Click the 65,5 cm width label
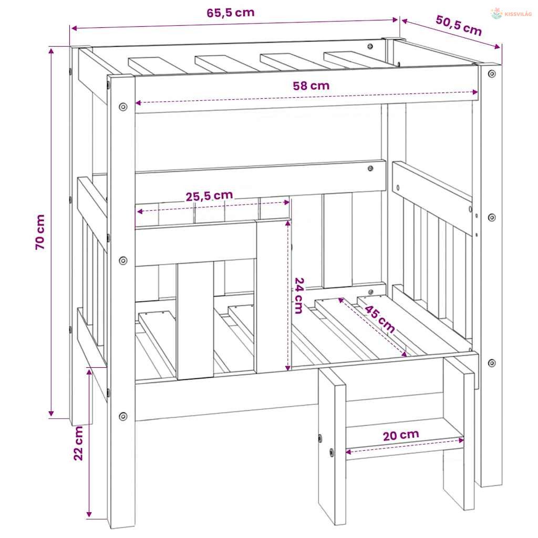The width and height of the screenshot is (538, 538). point(231,13)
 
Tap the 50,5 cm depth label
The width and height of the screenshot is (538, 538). point(459,25)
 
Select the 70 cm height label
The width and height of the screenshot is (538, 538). point(40,232)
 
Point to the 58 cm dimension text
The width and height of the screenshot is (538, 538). point(311,86)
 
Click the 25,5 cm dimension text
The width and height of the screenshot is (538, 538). point(209,196)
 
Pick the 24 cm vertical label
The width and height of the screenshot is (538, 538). point(299,296)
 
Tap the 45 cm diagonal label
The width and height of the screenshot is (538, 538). point(379,319)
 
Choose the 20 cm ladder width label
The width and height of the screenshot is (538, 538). point(401,435)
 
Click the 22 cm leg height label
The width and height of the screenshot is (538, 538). point(78,443)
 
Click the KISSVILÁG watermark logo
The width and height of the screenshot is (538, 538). point(511,14)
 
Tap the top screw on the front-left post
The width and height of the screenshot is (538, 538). point(123,107)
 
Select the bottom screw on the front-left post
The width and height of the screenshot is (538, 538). point(123,417)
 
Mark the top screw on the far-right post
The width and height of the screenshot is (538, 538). point(492,74)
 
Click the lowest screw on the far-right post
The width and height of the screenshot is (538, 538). point(492,363)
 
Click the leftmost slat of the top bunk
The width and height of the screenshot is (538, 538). point(158,66)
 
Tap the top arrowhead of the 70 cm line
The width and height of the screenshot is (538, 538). point(51,51)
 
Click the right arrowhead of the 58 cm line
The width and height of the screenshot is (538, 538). point(475,92)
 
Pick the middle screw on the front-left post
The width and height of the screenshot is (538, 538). point(123,261)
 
